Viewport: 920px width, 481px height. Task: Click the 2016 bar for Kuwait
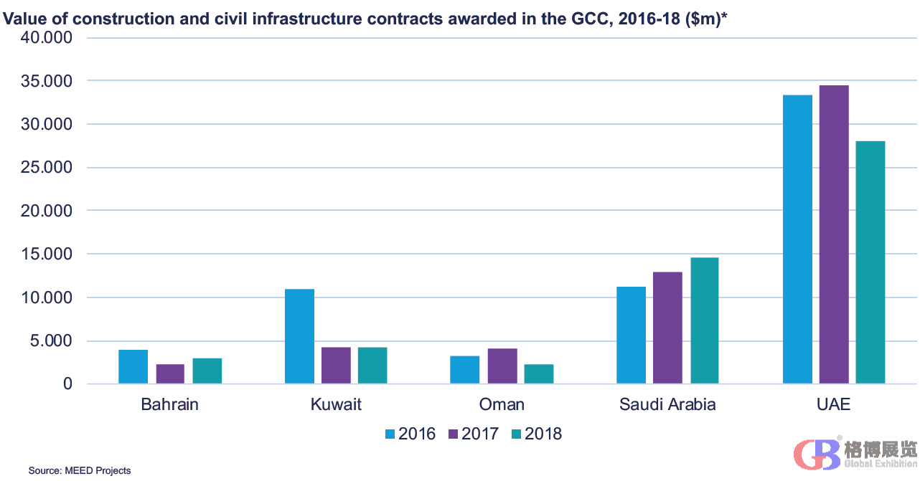(x=299, y=336)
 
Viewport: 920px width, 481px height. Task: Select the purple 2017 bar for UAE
(x=834, y=234)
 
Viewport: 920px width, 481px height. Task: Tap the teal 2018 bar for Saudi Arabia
(x=704, y=320)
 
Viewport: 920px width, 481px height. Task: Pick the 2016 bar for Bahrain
(x=133, y=366)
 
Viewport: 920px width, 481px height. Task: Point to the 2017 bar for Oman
(x=502, y=366)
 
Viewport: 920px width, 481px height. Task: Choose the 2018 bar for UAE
(x=870, y=262)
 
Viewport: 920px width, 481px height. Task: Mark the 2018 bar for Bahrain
(x=207, y=371)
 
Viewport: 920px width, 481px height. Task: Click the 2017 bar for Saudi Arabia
(x=667, y=328)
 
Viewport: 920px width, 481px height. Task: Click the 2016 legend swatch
(x=390, y=434)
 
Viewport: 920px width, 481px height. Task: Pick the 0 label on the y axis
(x=67, y=384)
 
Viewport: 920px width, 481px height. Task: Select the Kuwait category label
(x=336, y=405)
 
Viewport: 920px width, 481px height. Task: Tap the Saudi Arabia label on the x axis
(x=667, y=405)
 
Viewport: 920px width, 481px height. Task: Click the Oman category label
(x=502, y=405)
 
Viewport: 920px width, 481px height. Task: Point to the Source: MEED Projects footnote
(x=80, y=470)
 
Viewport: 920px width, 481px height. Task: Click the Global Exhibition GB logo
(x=855, y=454)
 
